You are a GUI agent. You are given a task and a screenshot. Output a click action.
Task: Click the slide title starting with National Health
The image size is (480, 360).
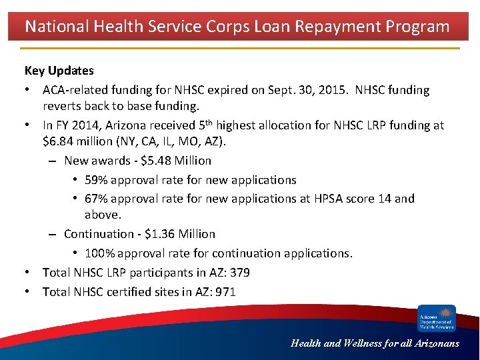click(x=237, y=27)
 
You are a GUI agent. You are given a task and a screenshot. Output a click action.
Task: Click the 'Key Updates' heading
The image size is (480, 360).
click(x=59, y=71)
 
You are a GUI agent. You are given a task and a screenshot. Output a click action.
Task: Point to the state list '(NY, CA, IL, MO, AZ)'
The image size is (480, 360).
click(x=184, y=142)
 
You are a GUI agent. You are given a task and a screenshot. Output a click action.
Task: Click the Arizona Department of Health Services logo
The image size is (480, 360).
click(x=437, y=318)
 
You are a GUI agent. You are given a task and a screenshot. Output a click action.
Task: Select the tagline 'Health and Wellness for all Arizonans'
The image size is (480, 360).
click(x=375, y=343)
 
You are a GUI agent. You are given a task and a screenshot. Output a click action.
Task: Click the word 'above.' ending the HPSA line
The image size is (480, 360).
click(x=103, y=215)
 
